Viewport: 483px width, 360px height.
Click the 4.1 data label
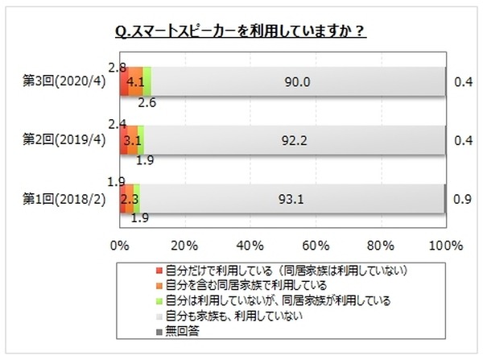point(136,81)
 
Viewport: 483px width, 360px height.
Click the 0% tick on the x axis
point(119,244)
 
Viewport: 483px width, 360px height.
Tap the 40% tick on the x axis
point(250,244)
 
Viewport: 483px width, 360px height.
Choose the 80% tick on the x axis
point(380,244)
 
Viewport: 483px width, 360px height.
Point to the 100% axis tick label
point(444,244)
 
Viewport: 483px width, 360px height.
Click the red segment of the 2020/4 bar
point(124,81)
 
